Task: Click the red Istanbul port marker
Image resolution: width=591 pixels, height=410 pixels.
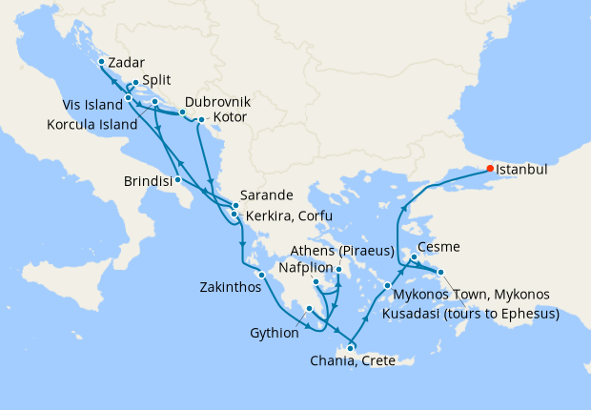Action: click(x=490, y=168)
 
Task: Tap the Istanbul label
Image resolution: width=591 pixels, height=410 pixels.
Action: click(x=522, y=169)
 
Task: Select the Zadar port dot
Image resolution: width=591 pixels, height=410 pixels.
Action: click(x=101, y=61)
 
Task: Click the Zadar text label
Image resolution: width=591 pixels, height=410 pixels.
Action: click(x=127, y=62)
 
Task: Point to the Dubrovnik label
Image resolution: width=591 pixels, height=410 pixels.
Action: click(x=217, y=101)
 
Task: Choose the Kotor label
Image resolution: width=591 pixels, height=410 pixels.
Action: click(x=230, y=117)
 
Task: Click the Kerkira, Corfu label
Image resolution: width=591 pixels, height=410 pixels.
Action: click(x=289, y=216)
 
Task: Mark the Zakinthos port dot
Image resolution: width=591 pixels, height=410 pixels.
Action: click(x=261, y=275)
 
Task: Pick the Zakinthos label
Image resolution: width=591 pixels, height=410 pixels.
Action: click(x=230, y=286)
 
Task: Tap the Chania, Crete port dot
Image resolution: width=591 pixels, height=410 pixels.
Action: click(x=351, y=346)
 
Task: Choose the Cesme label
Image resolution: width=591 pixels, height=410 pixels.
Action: click(x=438, y=247)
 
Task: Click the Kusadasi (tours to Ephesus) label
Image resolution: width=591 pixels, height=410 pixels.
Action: click(x=469, y=313)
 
